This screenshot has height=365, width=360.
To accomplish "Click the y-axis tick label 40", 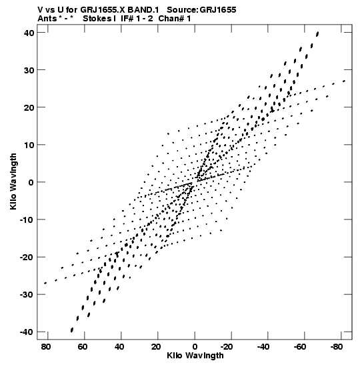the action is coord(29,33).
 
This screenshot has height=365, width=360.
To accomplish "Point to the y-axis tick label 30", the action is coord(29,70).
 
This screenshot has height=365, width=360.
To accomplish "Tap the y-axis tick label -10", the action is coord(27,220).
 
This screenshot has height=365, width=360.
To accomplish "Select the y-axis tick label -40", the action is coord(27,332).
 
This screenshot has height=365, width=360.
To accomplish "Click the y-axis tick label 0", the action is coord(31,183).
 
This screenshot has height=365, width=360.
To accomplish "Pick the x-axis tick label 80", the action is coord(46,347).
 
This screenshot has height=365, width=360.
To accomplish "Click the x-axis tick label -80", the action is coord(336,347).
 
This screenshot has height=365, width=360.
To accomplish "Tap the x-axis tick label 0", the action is coord(195,347).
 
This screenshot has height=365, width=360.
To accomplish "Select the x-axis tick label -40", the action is coord(263,347).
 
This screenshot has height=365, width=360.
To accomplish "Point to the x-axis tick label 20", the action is coord(156,347).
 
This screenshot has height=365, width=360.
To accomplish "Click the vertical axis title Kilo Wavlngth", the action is coord(13,181).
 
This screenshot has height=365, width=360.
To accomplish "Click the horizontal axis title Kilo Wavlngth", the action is coord(195,356).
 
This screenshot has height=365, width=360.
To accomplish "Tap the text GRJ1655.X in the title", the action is coord(103,10).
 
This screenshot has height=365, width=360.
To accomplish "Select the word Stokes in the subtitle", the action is coord(98,19).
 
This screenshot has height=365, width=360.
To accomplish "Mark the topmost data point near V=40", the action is coord(317,34).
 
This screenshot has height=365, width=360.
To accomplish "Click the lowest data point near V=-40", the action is coord(72,330).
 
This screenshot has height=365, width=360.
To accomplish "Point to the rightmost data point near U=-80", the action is coord(344,81).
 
